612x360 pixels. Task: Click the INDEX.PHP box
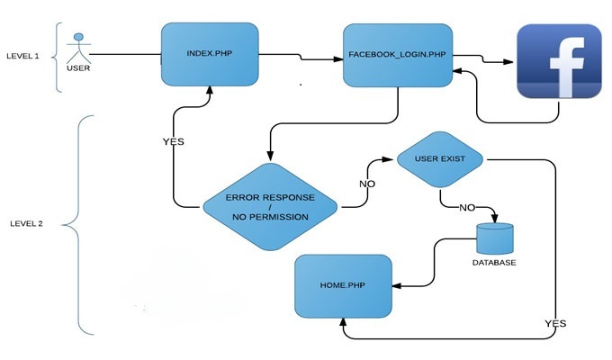click(208, 53)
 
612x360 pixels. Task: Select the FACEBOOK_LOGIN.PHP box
click(397, 56)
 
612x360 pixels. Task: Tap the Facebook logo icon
click(559, 61)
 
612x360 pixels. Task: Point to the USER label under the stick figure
click(79, 67)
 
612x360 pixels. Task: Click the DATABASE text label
click(495, 264)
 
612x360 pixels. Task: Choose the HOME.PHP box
click(344, 286)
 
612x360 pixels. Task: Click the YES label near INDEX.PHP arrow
click(173, 143)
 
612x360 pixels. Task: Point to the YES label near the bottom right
click(555, 322)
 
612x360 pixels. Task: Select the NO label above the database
click(466, 207)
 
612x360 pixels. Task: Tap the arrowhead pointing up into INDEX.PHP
click(208, 90)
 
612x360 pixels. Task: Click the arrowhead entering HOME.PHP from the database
click(397, 286)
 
